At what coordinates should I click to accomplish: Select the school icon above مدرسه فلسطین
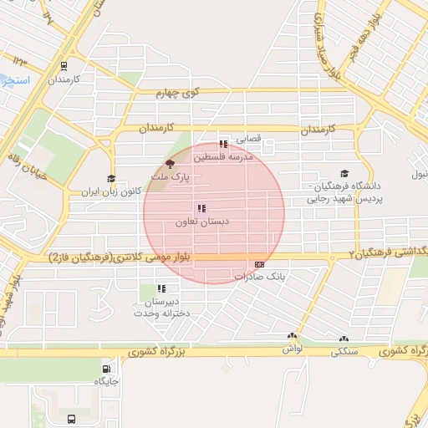pyautogui.click(x=222, y=145)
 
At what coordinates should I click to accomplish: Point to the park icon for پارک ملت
pyautogui.click(x=171, y=165)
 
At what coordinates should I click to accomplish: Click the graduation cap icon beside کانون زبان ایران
pyautogui.click(x=110, y=178)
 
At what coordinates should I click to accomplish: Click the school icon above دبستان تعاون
pyautogui.click(x=201, y=208)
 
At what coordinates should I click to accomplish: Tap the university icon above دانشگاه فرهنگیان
pyautogui.click(x=344, y=173)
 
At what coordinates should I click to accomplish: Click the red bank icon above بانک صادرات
pyautogui.click(x=259, y=262)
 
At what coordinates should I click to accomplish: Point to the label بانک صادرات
pyautogui.click(x=260, y=275)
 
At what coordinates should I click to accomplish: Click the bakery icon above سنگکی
pyautogui.click(x=344, y=340)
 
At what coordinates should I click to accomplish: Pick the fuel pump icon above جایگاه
pyautogui.click(x=106, y=369)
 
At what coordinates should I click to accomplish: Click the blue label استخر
pyautogui.click(x=15, y=80)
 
